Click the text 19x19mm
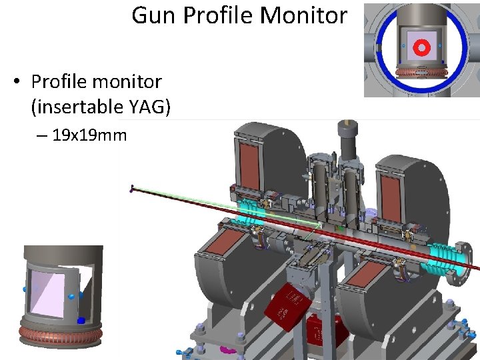(89, 136)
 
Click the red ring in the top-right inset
(421, 47)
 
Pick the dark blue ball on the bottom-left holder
(81, 321)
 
